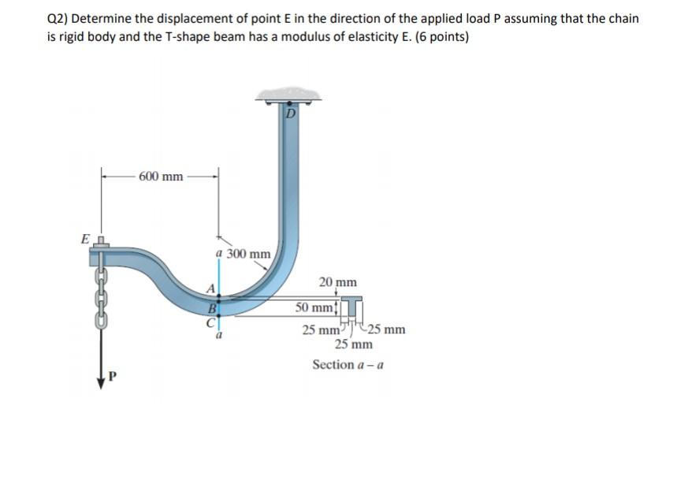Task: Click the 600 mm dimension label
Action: click(161, 176)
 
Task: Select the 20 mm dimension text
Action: click(337, 281)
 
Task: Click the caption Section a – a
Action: click(348, 364)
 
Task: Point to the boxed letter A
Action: click(210, 288)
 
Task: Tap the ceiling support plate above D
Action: click(288, 94)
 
